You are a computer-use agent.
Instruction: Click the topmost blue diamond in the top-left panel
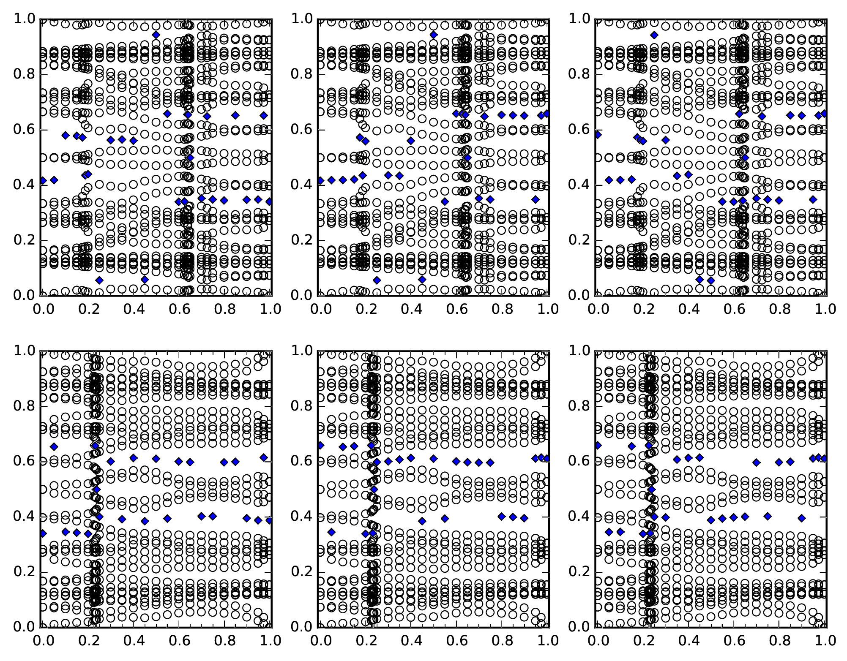tap(156, 35)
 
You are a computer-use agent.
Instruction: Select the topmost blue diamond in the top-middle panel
tap(434, 35)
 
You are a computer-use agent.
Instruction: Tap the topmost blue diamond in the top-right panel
tap(654, 35)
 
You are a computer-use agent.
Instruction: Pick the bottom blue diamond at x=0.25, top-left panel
tap(99, 280)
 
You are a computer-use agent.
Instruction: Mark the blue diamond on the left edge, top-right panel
tap(598, 135)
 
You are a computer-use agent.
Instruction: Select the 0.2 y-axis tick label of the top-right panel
tap(579, 240)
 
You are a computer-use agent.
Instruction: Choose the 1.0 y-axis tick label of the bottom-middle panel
tap(302, 351)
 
